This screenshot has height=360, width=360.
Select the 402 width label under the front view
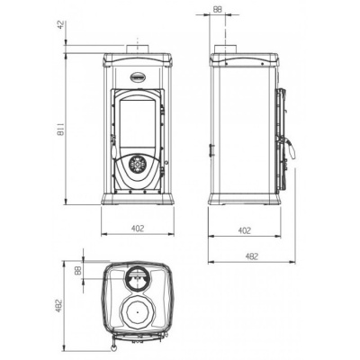137,229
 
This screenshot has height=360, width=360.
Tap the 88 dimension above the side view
218,9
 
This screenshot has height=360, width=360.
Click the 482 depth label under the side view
251,256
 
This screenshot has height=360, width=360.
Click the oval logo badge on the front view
137,64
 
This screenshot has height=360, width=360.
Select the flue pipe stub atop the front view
137,48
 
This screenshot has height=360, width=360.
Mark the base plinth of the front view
137,199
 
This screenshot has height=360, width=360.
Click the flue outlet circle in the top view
137,277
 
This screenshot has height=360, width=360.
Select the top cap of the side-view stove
241,59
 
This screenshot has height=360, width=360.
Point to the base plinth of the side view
241,200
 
